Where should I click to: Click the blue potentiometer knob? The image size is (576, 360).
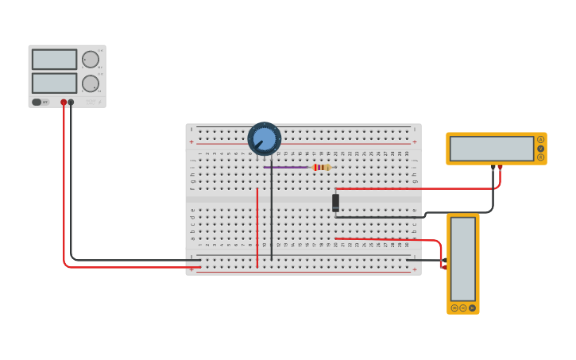pyautogui.click(x=265, y=139)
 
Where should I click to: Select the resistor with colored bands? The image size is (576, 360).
pyautogui.click(x=321, y=167)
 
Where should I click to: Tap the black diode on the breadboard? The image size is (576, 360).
pyautogui.click(x=335, y=202)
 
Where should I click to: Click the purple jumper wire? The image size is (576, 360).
pyautogui.click(x=286, y=167)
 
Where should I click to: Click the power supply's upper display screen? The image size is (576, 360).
pyautogui.click(x=54, y=60)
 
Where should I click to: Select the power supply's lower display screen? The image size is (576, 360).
pyautogui.click(x=54, y=83)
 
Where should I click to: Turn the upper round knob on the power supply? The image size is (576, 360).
pyautogui.click(x=91, y=60)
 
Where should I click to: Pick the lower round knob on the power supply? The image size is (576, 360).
pyautogui.click(x=91, y=83)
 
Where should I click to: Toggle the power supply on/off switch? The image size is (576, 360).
pyautogui.click(x=37, y=102)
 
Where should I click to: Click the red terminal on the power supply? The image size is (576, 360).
pyautogui.click(x=64, y=102)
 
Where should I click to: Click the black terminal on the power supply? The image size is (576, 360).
pyautogui.click(x=71, y=102)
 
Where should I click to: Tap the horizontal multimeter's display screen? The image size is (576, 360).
pyautogui.click(x=491, y=149)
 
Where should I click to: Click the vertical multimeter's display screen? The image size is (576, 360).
pyautogui.click(x=463, y=257)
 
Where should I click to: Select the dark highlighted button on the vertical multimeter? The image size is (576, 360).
pyautogui.click(x=472, y=308)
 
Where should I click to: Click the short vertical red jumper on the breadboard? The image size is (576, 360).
pyautogui.click(x=257, y=226)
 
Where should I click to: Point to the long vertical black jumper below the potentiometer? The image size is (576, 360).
pyautogui.click(x=271, y=215)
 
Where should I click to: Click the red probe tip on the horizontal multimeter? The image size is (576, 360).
pyautogui.click(x=500, y=167)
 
